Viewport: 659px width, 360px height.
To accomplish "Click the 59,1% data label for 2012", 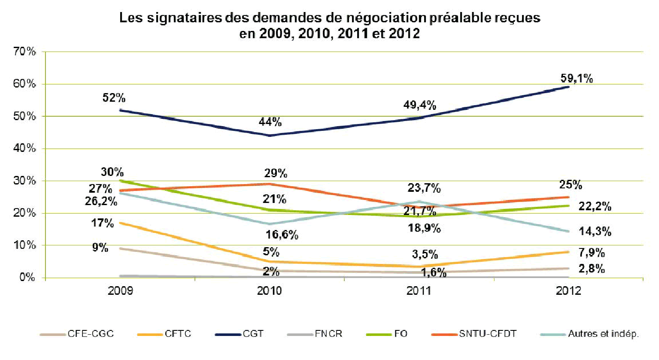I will click(x=577, y=79).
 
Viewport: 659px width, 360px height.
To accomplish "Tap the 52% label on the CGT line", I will click(x=114, y=98).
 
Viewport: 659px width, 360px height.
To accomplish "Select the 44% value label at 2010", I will click(x=270, y=122).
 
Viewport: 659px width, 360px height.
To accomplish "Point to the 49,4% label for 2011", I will click(x=419, y=105).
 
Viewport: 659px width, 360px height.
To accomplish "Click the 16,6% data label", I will click(x=282, y=235).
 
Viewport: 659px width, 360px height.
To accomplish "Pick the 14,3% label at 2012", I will click(x=595, y=232).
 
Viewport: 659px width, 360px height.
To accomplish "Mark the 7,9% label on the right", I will click(x=592, y=253).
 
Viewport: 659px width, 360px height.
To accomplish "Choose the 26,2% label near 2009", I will click(x=101, y=201).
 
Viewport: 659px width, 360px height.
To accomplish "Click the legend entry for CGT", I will click(x=253, y=334).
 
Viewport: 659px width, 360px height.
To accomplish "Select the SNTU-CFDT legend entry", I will click(x=488, y=334).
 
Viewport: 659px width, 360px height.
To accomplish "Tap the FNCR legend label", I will click(x=328, y=334).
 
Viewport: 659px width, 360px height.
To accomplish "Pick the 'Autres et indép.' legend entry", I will click(x=603, y=334).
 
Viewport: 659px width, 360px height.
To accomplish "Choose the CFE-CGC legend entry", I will click(x=91, y=334).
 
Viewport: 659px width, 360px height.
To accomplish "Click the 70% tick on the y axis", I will click(x=24, y=51).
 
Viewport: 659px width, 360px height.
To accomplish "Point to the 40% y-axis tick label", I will click(x=24, y=148).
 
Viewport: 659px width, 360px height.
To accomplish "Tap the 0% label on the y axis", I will click(x=27, y=278).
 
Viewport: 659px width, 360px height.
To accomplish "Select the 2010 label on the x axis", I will click(x=269, y=291).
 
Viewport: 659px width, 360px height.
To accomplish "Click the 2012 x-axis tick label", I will click(x=568, y=291).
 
